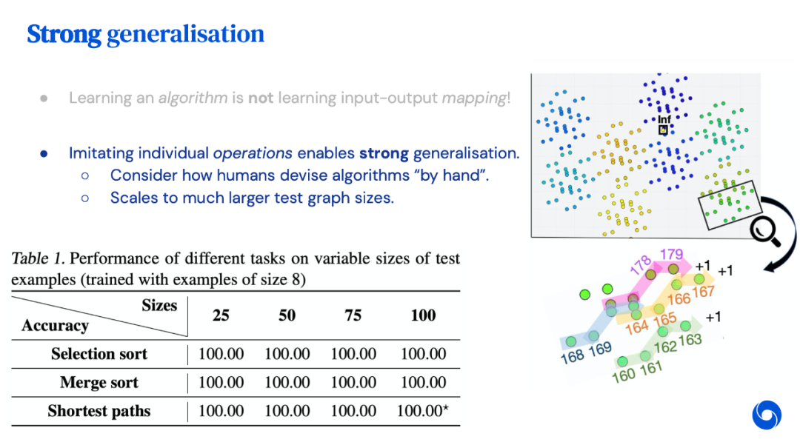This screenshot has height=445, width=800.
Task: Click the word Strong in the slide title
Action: click(64, 34)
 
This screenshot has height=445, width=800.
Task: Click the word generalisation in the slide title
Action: click(185, 34)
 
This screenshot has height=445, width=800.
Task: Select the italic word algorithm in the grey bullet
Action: click(193, 98)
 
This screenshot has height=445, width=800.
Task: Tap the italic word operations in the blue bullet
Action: click(253, 153)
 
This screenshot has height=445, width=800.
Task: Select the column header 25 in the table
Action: click(221, 315)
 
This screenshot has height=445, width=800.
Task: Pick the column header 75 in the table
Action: click(353, 315)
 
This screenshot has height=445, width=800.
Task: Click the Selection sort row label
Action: click(99, 354)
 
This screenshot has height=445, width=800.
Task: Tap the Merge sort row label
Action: click(99, 383)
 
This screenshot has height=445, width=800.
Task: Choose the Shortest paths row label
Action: click(99, 412)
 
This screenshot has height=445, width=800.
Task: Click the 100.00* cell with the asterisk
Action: click(423, 412)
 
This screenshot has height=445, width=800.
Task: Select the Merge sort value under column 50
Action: click(287, 383)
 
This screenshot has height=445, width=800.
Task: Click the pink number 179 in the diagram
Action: click(671, 255)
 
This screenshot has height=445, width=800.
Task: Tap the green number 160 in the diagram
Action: click(623, 375)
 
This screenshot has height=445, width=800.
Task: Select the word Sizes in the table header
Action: click(159, 305)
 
